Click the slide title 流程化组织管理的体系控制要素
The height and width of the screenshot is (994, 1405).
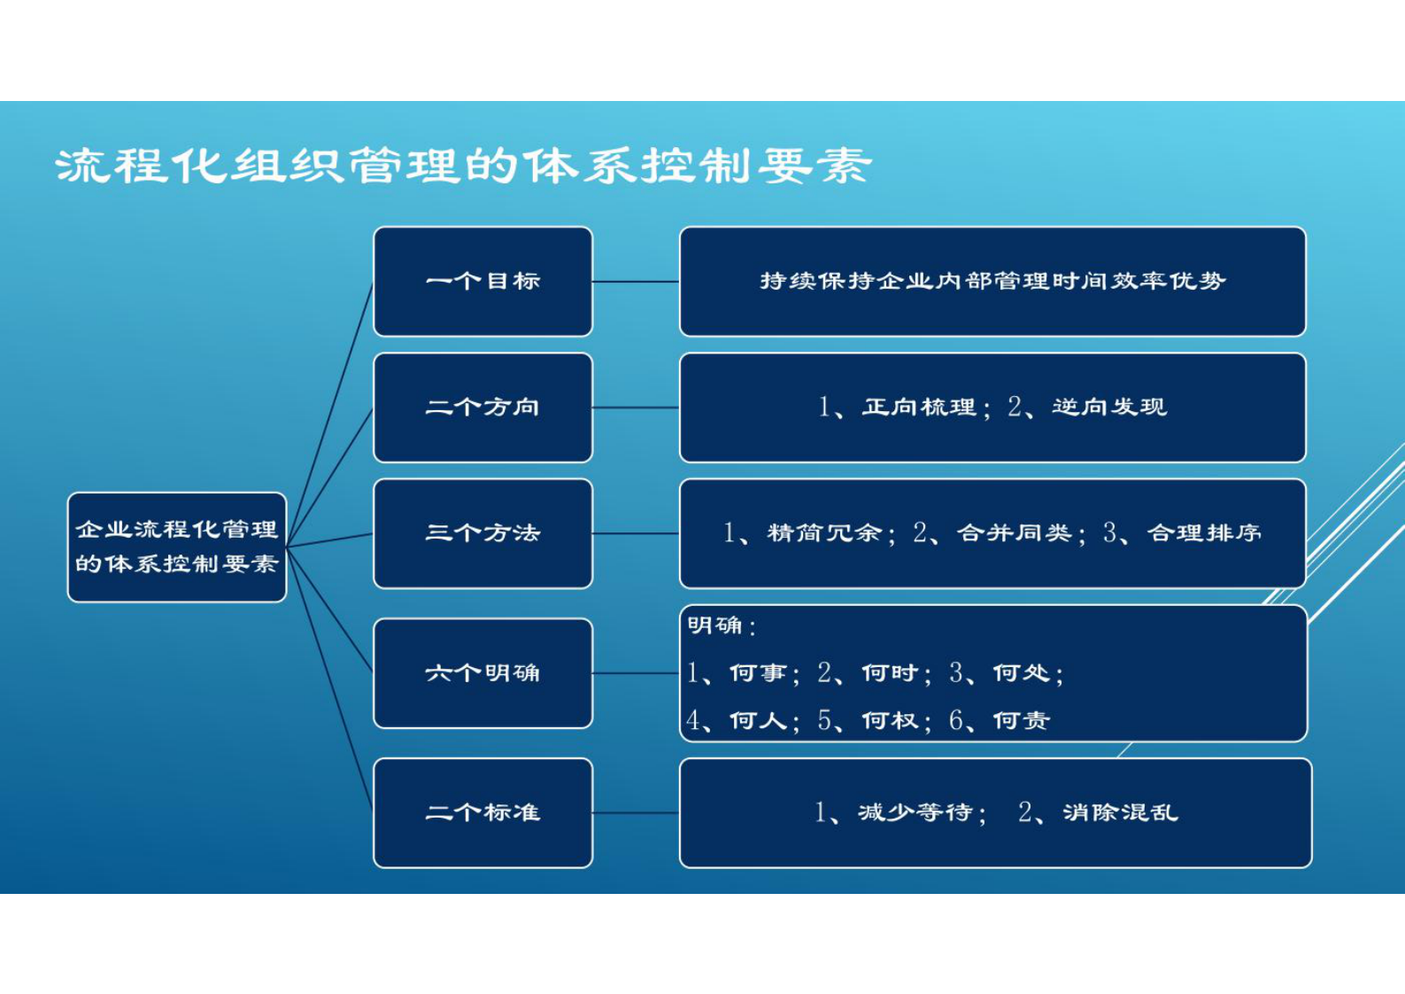463,166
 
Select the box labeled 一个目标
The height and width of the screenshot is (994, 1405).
482,282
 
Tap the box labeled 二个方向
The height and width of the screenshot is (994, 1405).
482,408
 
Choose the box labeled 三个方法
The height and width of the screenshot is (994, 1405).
482,533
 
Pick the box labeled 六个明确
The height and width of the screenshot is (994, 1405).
482,673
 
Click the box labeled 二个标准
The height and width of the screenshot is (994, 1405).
482,812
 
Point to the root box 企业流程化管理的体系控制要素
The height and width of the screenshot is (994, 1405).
177,547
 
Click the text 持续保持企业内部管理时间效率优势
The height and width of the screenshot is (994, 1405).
992,282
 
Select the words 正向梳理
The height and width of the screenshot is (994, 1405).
919,408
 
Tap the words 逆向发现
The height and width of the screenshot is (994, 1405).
1109,408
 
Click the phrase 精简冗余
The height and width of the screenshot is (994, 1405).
824,533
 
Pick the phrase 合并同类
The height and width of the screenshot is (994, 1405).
1015,533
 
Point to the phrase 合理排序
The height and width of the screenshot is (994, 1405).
1204,533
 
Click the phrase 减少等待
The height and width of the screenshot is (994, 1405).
915,812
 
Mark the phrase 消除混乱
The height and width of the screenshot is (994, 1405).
1120,812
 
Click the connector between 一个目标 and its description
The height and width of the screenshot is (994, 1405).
636,282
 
